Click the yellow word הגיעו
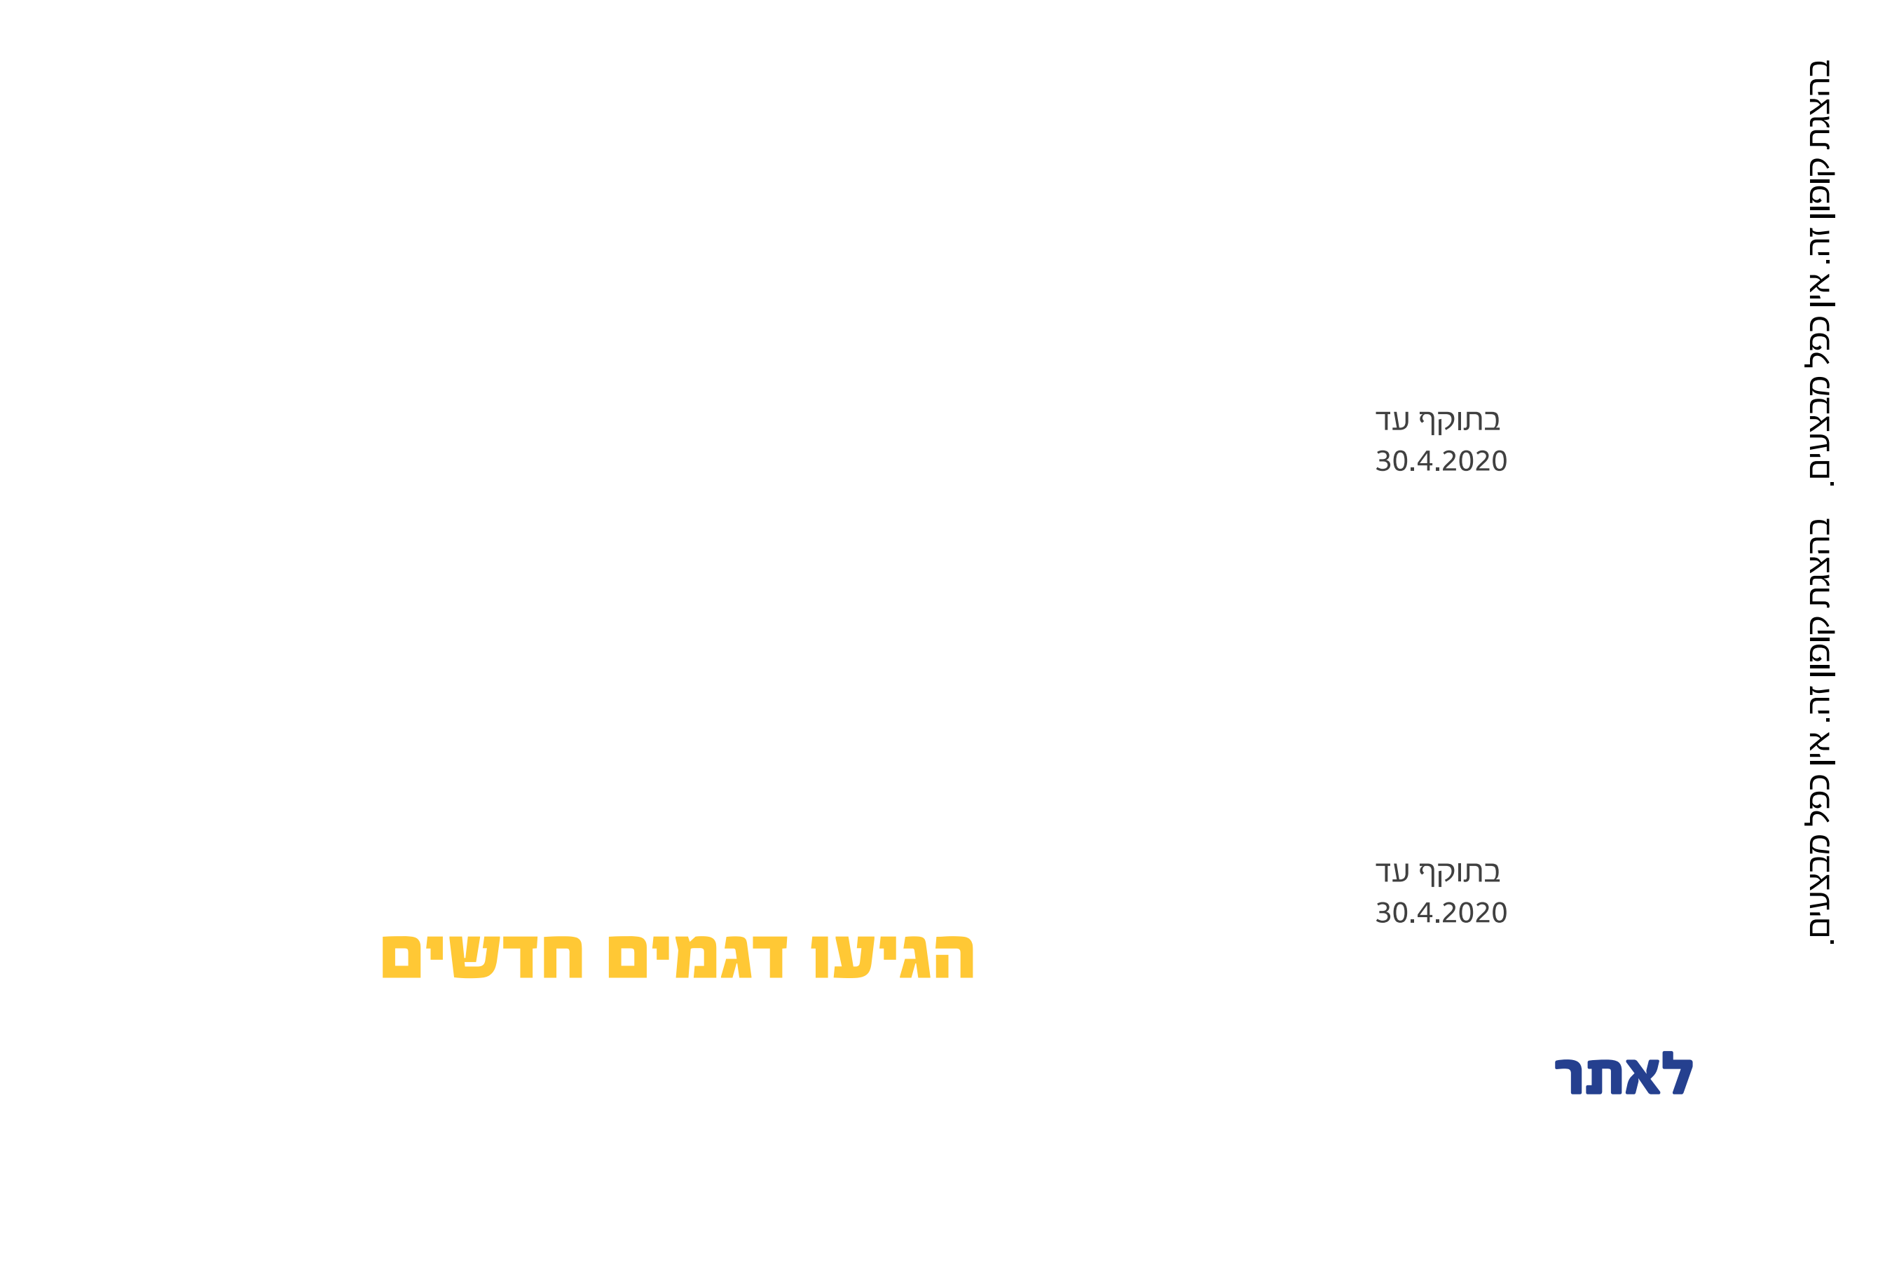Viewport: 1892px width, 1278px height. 892,957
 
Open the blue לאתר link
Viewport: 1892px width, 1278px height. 1624,1076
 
